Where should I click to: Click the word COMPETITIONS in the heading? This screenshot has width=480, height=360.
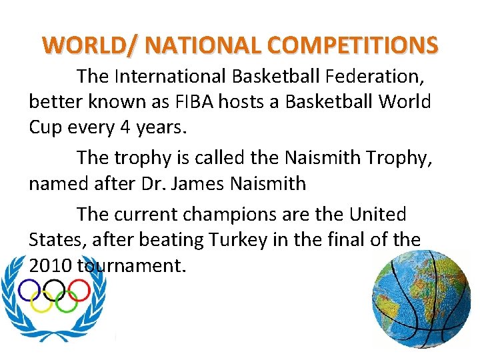click(x=354, y=45)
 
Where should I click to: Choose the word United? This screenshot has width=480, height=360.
click(x=377, y=215)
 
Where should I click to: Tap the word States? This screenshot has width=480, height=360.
click(x=51, y=240)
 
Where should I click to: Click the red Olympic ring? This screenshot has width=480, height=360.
click(x=79, y=289)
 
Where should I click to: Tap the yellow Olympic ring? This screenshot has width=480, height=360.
click(x=41, y=302)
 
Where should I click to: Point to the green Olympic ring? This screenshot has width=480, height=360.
click(x=66, y=302)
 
